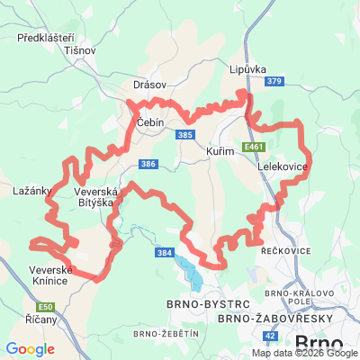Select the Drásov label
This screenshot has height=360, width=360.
click(149, 84)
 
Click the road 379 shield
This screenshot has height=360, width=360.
click(274, 82)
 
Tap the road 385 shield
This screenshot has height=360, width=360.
click(185, 135)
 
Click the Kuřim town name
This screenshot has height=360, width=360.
click(220, 151)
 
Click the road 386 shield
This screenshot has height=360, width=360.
click(148, 164)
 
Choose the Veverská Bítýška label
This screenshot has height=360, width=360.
click(94, 197)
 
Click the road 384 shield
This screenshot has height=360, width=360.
click(164, 254)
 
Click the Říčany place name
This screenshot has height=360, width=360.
click(39, 320)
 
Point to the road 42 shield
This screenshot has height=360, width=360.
click(270, 336)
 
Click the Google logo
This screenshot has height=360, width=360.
click(30, 349)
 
